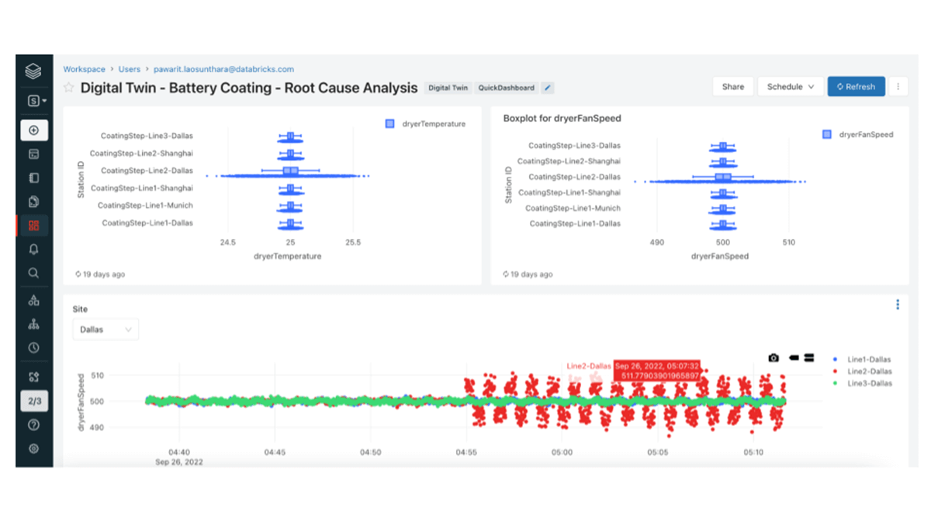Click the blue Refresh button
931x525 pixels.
click(856, 87)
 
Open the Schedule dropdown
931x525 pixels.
click(790, 87)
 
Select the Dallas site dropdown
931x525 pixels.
click(106, 330)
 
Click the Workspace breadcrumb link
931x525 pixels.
click(84, 69)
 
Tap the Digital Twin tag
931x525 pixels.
click(448, 88)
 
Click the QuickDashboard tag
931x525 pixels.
click(506, 88)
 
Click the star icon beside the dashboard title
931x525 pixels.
click(69, 88)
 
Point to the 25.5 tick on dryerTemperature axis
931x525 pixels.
click(353, 242)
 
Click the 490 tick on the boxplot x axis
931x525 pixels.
click(657, 242)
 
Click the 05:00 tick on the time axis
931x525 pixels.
click(562, 452)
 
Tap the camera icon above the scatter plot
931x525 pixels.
click(774, 357)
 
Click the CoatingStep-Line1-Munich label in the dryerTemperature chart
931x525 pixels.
click(145, 206)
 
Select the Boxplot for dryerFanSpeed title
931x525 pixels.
click(562, 119)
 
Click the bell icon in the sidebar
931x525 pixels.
click(33, 249)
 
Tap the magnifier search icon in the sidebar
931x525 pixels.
click(33, 273)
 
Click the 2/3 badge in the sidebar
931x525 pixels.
click(33, 401)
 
